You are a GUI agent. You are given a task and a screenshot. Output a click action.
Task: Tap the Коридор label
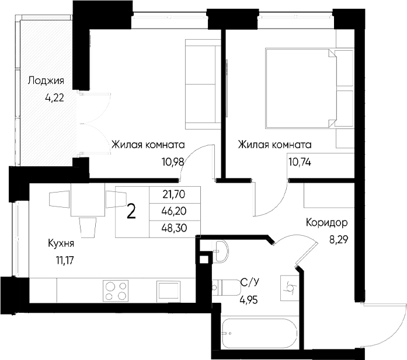point(326,222)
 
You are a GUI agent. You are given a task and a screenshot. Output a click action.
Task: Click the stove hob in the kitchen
point(116,290)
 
